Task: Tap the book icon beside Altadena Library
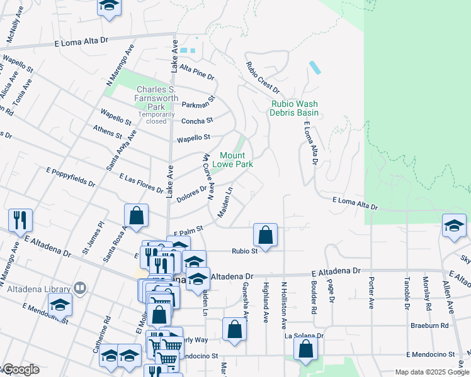tap(79, 288)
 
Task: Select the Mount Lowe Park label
tap(236, 160)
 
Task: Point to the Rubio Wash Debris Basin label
tap(294, 108)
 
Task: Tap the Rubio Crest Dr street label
tap(263, 79)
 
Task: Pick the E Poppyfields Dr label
tap(71, 178)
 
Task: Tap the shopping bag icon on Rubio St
tap(266, 236)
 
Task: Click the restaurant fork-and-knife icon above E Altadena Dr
tap(20, 220)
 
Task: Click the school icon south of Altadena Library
tap(60, 305)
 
